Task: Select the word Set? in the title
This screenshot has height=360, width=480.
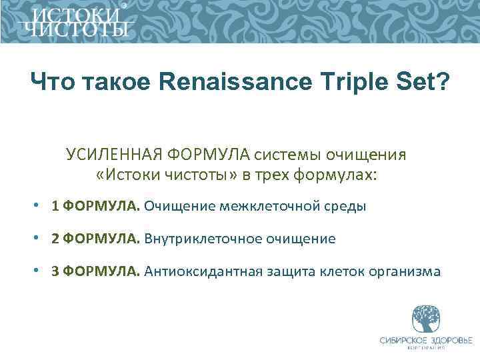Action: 419,83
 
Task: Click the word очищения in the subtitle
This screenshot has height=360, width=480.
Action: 365,155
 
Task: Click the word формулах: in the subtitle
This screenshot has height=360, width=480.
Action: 341,175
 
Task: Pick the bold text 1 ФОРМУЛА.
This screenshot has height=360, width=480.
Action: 95,206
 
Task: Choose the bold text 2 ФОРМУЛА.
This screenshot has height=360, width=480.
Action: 95,239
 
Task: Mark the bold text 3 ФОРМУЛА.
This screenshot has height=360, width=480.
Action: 95,271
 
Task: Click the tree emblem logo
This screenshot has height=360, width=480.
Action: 426,319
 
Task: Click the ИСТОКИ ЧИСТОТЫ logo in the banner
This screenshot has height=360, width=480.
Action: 74,22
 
